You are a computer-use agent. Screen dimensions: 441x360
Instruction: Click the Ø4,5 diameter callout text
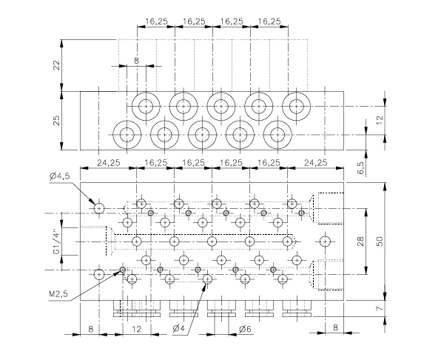coord(59,176)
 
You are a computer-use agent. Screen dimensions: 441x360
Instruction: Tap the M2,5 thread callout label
coord(58,294)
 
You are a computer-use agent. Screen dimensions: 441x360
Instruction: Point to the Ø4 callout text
coord(178,328)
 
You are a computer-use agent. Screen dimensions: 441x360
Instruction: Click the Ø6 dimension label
coord(245,328)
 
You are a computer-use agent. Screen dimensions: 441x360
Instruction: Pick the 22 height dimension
coord(57,65)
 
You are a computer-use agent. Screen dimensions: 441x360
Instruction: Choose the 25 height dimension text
coord(57,121)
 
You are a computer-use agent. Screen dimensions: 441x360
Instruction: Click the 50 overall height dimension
coord(380,241)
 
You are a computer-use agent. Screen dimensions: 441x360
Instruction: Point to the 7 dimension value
coord(380,308)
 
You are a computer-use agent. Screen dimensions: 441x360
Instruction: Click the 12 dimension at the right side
coord(380,120)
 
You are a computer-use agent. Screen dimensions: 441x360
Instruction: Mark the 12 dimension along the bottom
coord(136,329)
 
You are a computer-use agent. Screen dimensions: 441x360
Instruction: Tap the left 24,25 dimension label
coord(109,162)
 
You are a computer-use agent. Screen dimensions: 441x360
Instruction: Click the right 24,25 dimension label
coord(316,162)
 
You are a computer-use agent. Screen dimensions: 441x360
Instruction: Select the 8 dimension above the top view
coord(136,61)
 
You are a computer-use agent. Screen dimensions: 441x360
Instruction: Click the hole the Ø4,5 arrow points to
coord(99,209)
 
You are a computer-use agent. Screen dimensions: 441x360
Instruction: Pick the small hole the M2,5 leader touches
coord(123,270)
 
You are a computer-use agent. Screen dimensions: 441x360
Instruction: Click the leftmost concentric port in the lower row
coord(127,135)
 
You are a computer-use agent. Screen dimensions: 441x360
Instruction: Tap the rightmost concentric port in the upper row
coord(296,107)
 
